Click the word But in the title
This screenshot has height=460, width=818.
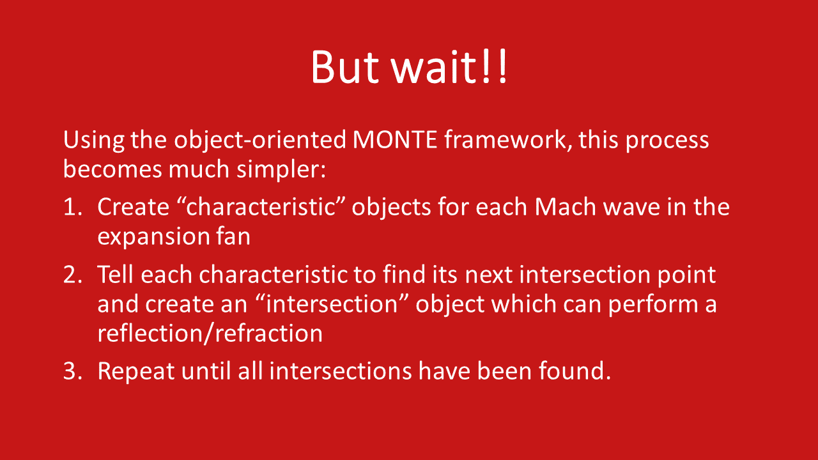344,67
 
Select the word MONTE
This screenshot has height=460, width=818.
395,139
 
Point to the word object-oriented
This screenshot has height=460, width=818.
260,141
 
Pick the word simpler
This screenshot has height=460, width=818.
281,170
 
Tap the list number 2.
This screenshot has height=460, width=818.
73,275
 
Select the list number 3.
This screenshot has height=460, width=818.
73,371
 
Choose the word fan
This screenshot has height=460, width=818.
233,236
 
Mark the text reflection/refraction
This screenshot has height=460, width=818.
210,333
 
